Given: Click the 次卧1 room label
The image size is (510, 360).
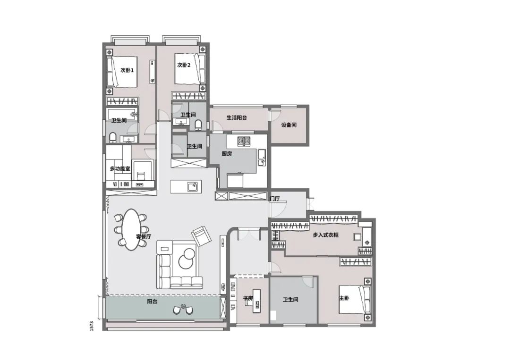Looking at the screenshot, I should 127,70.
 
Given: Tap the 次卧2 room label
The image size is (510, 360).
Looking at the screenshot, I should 184,65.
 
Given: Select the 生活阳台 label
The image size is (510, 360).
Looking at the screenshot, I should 237,117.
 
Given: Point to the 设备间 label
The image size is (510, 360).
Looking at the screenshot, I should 289,125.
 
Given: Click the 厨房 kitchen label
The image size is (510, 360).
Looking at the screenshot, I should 227,153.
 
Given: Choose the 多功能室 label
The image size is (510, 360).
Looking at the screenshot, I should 119,168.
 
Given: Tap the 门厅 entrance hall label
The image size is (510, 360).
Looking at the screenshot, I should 274,199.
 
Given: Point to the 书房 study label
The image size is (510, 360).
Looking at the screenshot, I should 248,298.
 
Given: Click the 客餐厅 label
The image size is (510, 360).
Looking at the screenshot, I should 144,236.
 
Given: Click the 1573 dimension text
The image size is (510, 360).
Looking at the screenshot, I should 93,325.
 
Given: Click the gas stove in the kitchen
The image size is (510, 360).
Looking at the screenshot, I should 244,141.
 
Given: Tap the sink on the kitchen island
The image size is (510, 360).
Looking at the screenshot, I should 192,186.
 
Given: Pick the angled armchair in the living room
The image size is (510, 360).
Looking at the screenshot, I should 201,235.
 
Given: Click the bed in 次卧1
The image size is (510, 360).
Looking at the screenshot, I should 122,71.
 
